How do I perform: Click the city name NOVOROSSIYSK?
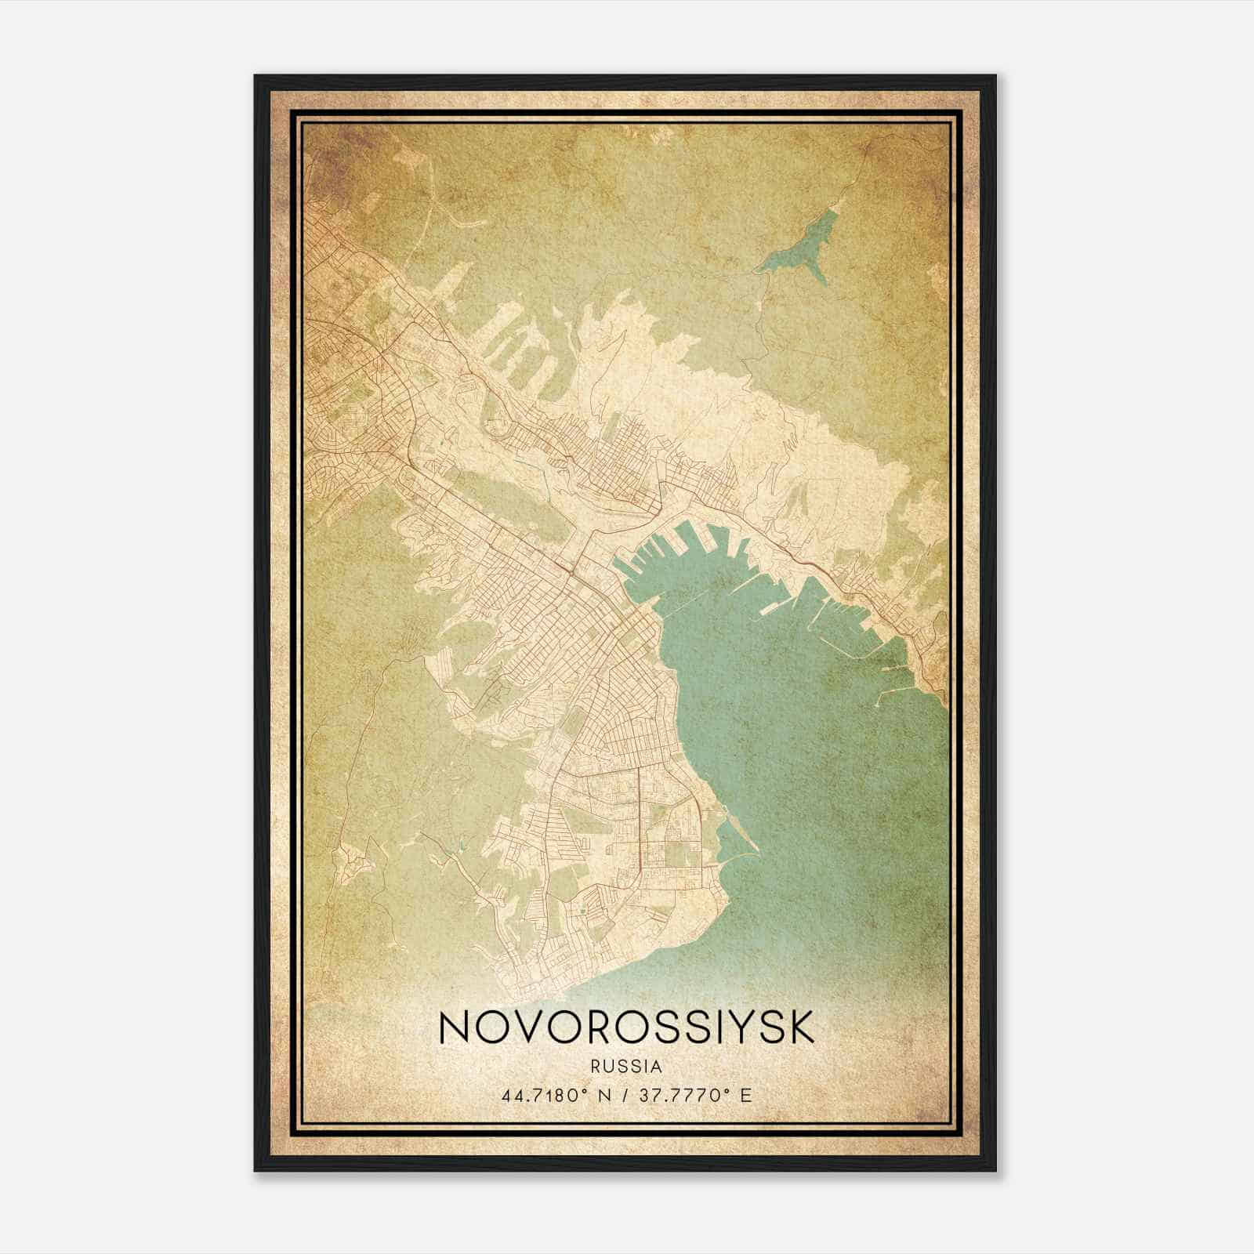[x=626, y=1028]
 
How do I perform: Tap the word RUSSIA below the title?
[x=627, y=1067]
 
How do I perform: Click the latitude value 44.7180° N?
[x=549, y=1095]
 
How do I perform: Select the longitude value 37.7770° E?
[x=696, y=1095]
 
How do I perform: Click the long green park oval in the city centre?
[x=509, y=502]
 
